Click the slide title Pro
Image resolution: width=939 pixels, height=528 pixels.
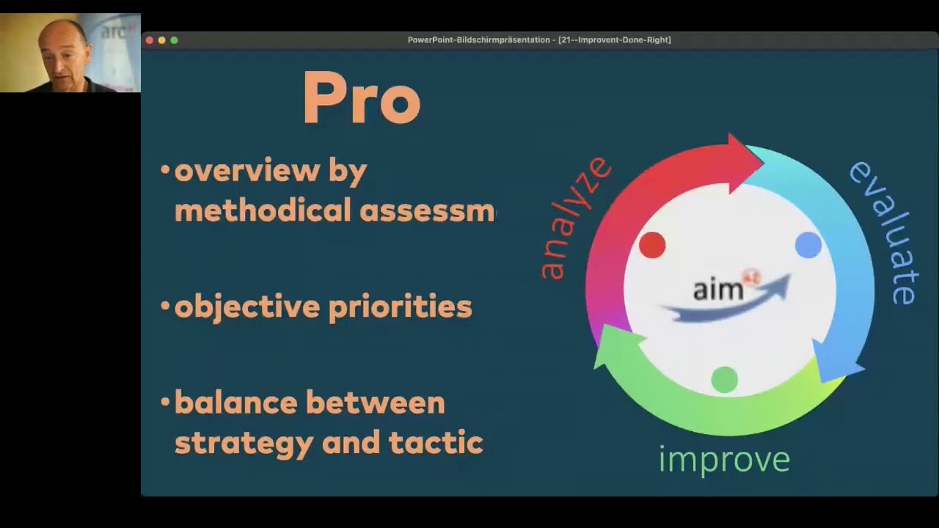tap(362, 99)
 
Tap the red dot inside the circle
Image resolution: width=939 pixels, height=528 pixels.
tap(652, 245)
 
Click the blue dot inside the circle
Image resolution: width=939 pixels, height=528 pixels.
tap(808, 245)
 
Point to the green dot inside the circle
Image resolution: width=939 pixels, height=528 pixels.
tap(725, 380)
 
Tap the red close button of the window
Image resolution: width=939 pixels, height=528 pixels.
tap(150, 40)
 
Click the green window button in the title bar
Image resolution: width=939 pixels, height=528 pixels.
tap(174, 40)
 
